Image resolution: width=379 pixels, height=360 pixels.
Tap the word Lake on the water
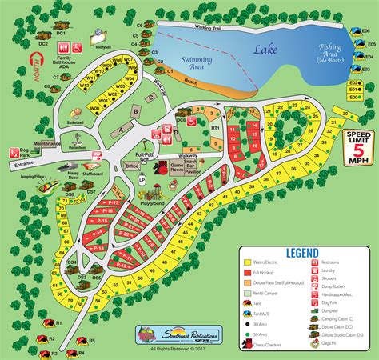pyautogui.click(x=265, y=50)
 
